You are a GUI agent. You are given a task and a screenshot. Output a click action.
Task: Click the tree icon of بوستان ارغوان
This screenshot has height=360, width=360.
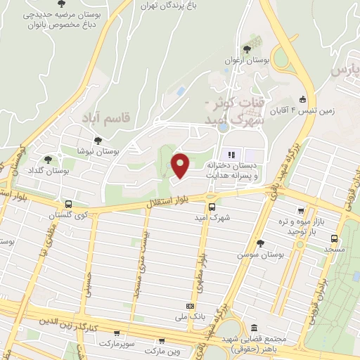click(247, 49)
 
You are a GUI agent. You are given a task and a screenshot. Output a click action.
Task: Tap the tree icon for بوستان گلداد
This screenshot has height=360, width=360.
click(48, 160)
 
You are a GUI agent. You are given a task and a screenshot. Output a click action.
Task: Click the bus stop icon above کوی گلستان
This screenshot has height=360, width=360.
click(67, 205)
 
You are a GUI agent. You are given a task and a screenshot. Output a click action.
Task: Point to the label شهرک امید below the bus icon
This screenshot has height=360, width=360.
click(212, 217)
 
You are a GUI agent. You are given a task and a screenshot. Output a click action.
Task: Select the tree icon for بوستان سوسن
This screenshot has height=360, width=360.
click(261, 243)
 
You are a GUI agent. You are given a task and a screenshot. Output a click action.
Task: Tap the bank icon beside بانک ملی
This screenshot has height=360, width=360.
click(189, 306)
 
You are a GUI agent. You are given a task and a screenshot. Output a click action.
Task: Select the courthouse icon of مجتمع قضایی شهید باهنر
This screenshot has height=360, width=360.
click(253, 328)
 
